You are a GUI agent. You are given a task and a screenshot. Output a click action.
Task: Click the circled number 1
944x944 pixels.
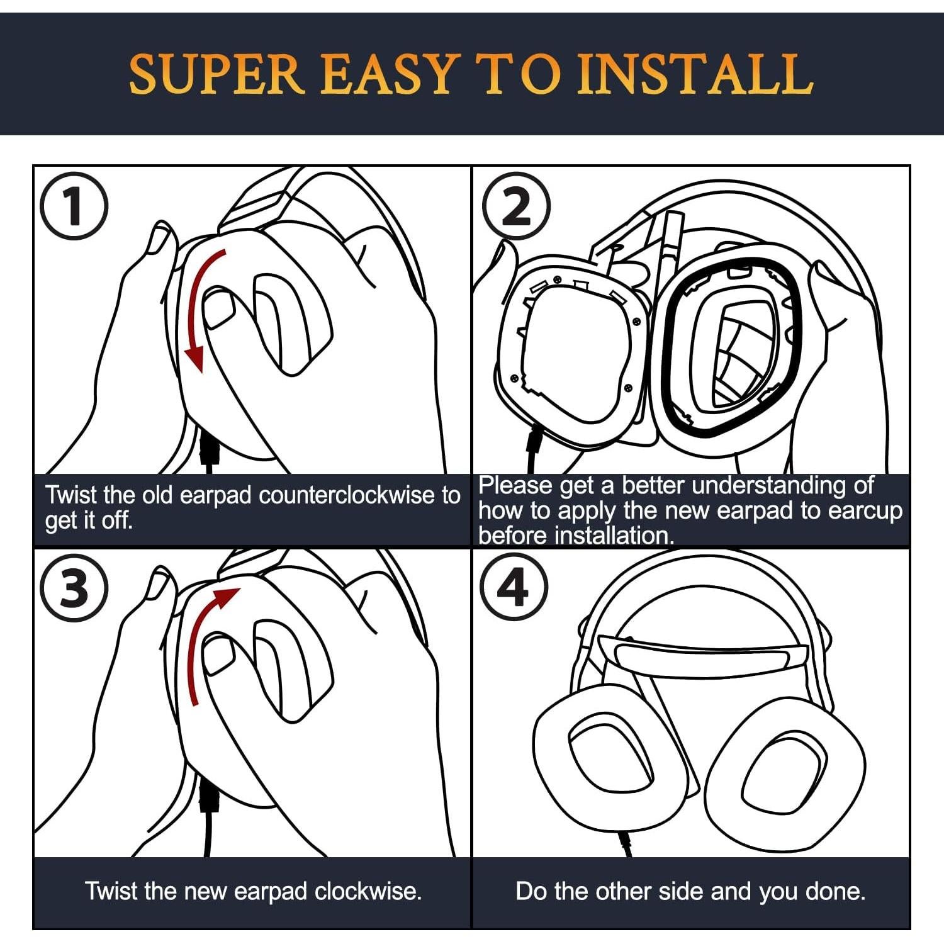pos(74,206)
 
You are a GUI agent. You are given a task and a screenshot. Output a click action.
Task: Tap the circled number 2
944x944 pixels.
pos(516,206)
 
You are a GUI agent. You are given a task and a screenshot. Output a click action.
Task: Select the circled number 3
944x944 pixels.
pos(74,589)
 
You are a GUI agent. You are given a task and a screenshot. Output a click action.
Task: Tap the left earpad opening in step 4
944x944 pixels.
pos(613,758)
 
